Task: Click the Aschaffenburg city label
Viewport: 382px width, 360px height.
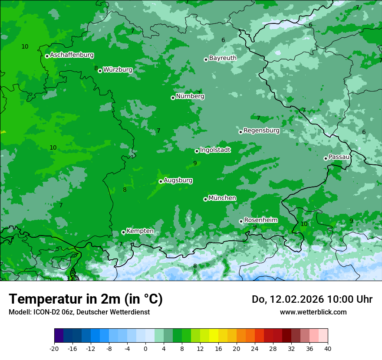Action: pos(72,55)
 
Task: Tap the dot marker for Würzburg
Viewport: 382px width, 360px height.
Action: pos(100,71)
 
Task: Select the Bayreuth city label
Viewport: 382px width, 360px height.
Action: pos(223,58)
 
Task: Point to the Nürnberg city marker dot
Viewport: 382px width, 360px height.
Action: pos(173,98)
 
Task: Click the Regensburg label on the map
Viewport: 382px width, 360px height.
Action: pos(261,130)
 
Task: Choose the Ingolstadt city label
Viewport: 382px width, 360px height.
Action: pos(215,150)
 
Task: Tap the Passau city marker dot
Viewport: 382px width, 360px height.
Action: pos(326,158)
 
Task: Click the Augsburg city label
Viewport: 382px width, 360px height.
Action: pos(178,180)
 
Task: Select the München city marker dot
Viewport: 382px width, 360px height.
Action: pos(205,200)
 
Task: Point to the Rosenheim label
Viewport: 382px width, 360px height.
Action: pos(260,220)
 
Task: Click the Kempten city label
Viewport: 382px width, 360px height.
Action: pos(140,231)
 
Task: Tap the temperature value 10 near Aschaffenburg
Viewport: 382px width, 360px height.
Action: pos(25,46)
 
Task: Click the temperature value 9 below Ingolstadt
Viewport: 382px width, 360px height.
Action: pos(195,163)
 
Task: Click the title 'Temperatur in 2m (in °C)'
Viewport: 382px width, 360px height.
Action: pos(86,299)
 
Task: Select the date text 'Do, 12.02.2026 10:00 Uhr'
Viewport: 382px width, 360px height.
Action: pos(312,299)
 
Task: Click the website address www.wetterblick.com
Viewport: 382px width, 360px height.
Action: pos(313,312)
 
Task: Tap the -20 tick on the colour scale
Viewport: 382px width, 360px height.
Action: pos(54,348)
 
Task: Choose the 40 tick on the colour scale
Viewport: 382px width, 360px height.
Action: pos(327,348)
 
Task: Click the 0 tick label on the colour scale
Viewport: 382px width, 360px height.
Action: pos(145,348)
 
